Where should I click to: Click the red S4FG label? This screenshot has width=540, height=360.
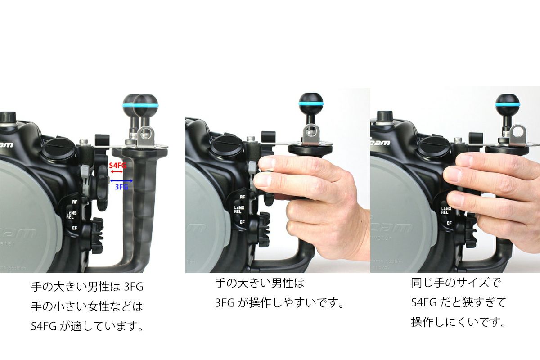(117, 166)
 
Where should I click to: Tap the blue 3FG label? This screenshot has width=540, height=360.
(121, 187)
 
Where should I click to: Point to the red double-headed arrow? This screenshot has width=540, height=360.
(117, 172)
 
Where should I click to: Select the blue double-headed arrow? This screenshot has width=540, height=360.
(121, 180)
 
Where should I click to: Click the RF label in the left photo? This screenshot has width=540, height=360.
(75, 202)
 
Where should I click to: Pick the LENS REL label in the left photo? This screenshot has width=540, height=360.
(72, 215)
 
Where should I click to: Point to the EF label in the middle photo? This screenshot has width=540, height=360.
(242, 222)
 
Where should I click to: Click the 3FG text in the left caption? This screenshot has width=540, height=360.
(134, 287)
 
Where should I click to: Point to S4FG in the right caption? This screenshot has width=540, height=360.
(424, 302)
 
